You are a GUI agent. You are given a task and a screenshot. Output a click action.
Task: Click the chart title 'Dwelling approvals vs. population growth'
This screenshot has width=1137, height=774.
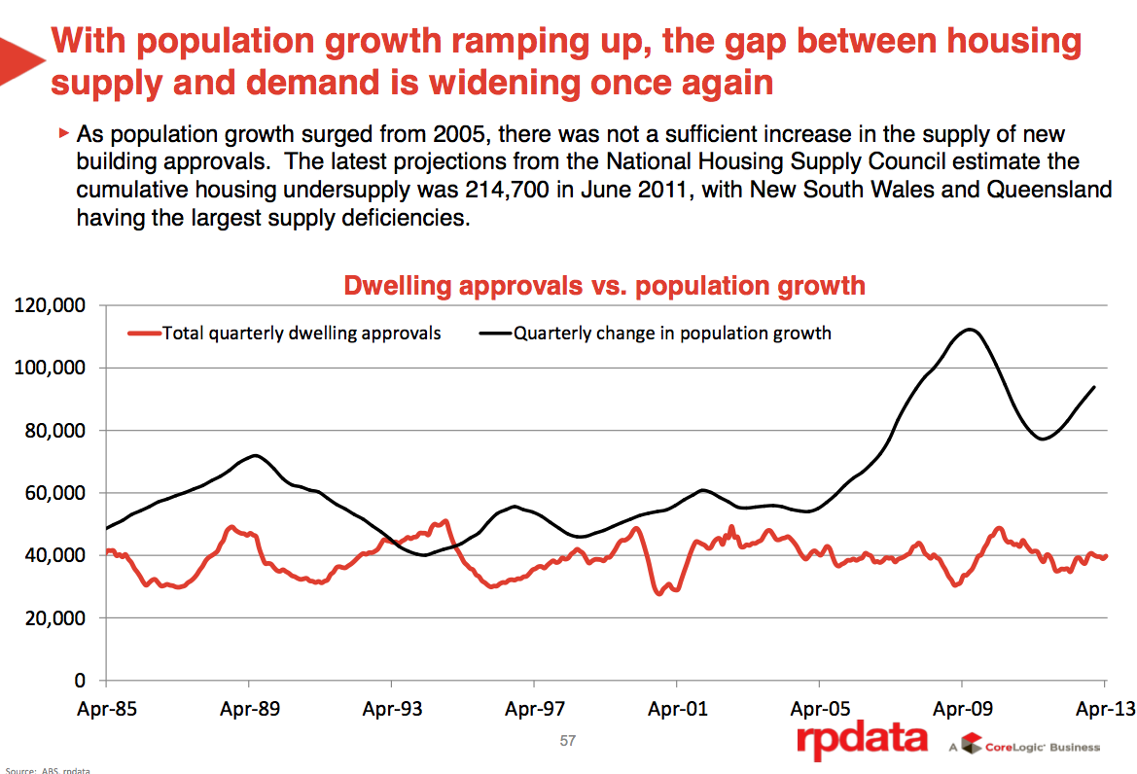[604, 285]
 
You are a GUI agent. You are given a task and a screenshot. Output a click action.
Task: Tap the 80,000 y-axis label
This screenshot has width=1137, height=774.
[55, 431]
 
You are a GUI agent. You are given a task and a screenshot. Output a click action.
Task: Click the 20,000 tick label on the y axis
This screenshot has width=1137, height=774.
[55, 617]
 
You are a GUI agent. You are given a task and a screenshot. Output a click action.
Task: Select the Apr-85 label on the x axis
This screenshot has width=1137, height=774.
[106, 709]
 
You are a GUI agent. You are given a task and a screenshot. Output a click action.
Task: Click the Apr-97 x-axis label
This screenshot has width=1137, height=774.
[535, 709]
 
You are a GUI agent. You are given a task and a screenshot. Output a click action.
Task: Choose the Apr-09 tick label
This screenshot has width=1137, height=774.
[963, 709]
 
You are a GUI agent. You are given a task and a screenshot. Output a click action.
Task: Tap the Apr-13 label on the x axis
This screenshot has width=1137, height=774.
[1105, 709]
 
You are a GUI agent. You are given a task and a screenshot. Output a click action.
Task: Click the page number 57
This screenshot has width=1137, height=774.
[568, 741]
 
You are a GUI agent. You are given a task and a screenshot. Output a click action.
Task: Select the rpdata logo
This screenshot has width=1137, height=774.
[862, 741]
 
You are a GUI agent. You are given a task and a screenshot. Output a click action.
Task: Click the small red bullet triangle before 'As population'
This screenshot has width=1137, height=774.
[64, 131]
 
